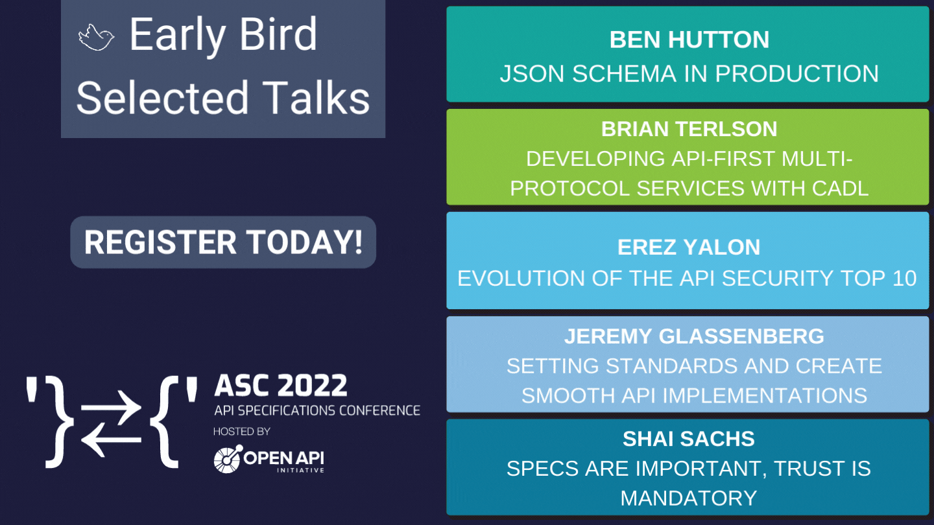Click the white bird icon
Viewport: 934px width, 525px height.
96,38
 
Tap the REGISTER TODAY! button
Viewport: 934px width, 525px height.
223,242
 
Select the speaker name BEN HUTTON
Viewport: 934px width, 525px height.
689,40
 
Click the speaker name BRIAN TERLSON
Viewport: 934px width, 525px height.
689,129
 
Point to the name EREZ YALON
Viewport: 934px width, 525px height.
689,247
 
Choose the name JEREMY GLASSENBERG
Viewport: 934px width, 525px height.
694,336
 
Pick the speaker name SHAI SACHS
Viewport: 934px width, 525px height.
689,439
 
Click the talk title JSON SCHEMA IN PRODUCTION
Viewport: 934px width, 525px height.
689,74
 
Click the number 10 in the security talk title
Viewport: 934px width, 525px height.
904,278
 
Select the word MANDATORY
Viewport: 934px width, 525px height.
689,498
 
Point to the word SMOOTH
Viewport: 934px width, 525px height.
568,396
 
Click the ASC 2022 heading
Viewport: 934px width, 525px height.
281,386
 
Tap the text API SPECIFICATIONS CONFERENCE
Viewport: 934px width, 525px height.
317,411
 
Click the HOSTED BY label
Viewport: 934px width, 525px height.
242,432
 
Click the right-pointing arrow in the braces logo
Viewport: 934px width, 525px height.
111,408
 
